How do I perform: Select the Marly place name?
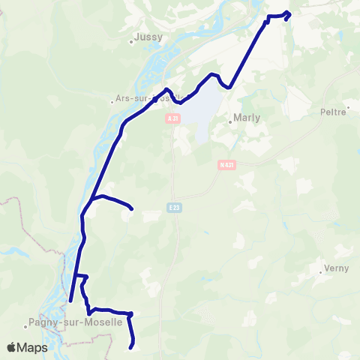click(x=247, y=118)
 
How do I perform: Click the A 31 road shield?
click(x=173, y=118)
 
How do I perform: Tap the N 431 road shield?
click(x=227, y=165)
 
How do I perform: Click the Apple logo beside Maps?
click(x=12, y=347)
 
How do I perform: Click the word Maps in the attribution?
click(x=33, y=347)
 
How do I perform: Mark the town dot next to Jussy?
click(x=131, y=42)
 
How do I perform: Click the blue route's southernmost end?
click(x=132, y=346)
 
